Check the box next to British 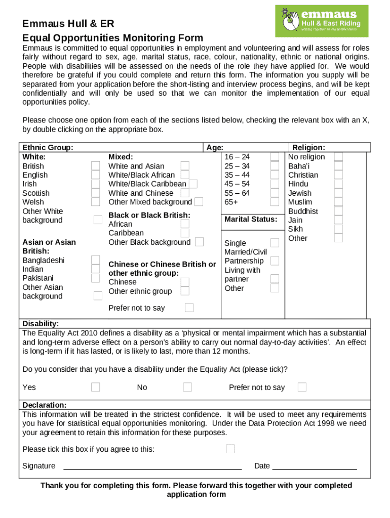[x=96, y=166]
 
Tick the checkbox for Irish [x=96, y=184]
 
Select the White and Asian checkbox [x=185, y=166]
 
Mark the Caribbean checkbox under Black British [x=185, y=233]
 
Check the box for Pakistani [x=96, y=278]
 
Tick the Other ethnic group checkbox [x=185, y=291]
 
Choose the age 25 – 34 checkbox [x=275, y=166]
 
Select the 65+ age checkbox [x=275, y=202]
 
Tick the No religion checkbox [x=338, y=157]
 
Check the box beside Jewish [x=338, y=193]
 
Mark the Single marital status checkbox [x=275, y=243]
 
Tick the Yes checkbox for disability [x=96, y=387]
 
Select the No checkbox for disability [x=187, y=387]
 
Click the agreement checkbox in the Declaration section [x=230, y=449]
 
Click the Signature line [x=152, y=467]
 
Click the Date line [x=315, y=467]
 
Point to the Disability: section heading [x=41, y=324]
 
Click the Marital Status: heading [x=251, y=219]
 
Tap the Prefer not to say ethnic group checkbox [x=189, y=308]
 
